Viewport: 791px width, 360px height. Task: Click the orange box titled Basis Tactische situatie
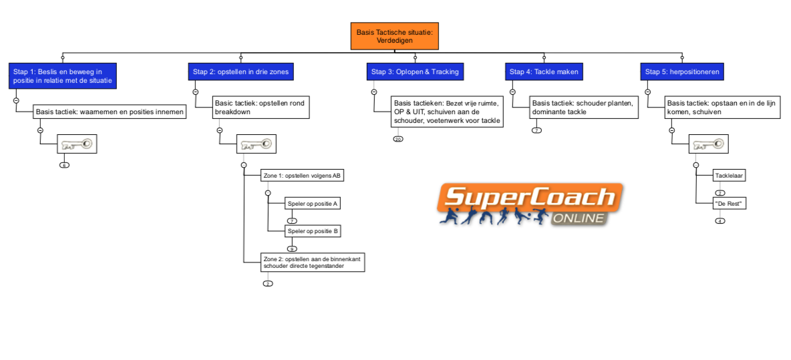(x=394, y=36)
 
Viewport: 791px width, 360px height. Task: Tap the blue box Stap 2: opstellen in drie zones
(x=241, y=71)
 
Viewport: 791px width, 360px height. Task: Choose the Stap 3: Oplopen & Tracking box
(x=415, y=71)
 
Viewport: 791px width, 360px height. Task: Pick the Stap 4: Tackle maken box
(x=544, y=71)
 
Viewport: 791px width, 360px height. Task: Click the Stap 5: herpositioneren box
(x=682, y=71)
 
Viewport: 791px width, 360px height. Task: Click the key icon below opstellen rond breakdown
(x=257, y=144)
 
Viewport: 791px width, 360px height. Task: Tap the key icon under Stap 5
(x=709, y=144)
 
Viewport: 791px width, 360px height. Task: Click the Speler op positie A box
(x=312, y=203)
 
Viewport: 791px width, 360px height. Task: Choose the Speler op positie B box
(x=312, y=231)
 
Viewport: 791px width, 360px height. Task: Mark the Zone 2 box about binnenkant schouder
(x=313, y=262)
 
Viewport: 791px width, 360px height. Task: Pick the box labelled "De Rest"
(x=730, y=203)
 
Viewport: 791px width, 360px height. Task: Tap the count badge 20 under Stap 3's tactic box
(x=398, y=139)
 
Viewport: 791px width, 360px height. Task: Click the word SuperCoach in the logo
(x=528, y=197)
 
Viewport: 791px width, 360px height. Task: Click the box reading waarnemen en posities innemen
(x=110, y=112)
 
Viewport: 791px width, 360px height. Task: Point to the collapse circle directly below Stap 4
(x=512, y=92)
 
